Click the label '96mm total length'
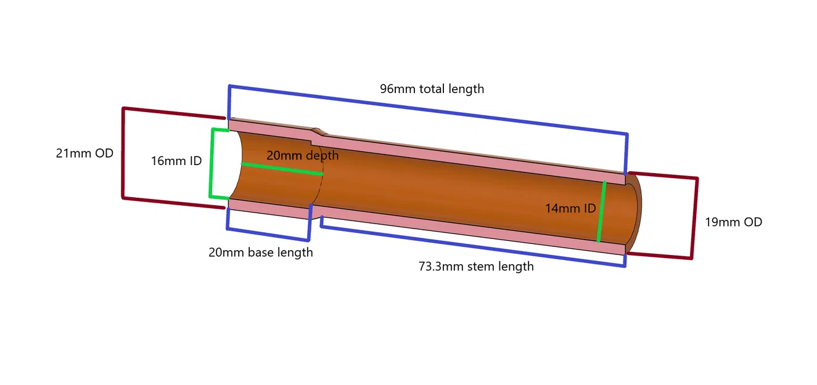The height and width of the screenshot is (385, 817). click(432, 89)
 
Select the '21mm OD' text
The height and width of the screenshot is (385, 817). click(84, 153)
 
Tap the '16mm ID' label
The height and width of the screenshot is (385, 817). click(176, 161)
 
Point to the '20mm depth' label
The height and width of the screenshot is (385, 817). click(302, 155)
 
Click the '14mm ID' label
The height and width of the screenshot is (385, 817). click(570, 208)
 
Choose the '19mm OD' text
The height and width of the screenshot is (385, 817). click(733, 222)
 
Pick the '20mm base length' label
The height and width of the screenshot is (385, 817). click(260, 253)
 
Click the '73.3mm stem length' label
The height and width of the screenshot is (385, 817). click(476, 266)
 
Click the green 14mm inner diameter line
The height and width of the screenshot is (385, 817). click(601, 211)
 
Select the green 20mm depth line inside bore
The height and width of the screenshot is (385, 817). click(281, 169)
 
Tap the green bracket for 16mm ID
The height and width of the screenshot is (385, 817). click(211, 163)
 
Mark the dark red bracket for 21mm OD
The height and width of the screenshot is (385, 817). click(123, 153)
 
